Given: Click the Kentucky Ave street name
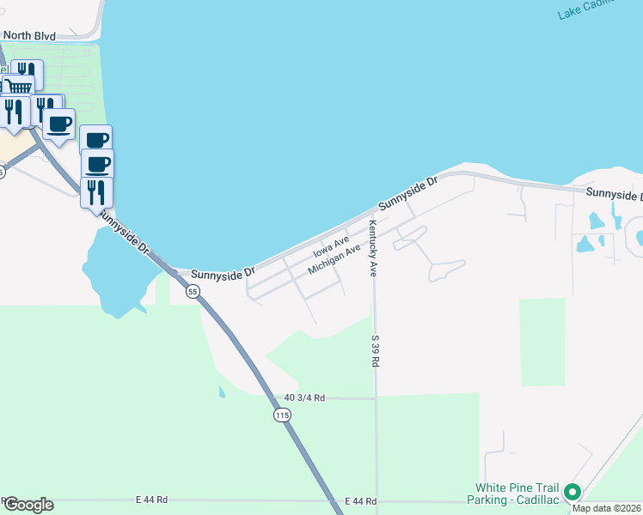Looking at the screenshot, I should click(x=373, y=249).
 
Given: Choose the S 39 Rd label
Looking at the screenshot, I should click(x=375, y=351).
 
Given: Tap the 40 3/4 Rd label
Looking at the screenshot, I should click(x=305, y=397).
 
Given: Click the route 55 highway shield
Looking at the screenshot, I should click(x=192, y=292).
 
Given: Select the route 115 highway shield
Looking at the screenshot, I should click(x=282, y=415).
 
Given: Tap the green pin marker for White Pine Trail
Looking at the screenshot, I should click(x=573, y=494).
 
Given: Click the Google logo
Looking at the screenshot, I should click(x=28, y=505).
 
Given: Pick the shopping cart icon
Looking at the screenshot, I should click(x=20, y=85).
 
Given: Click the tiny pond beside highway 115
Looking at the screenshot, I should click(x=222, y=392).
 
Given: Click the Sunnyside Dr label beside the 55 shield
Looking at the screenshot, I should click(x=223, y=273).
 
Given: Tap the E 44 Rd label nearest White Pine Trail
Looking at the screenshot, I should click(x=360, y=500).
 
